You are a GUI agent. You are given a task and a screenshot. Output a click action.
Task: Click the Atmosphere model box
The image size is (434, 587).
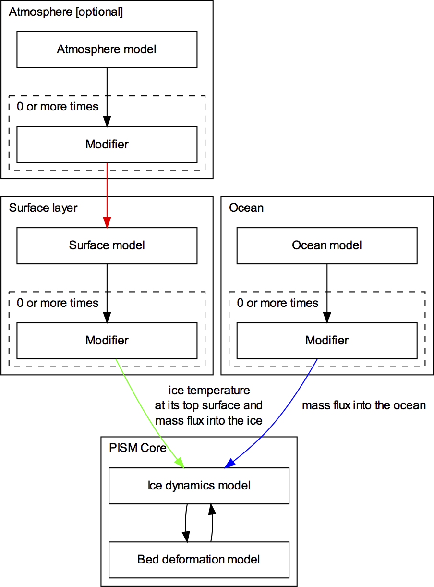point(107,49)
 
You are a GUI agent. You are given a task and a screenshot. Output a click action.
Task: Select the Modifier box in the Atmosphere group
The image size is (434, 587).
point(107,145)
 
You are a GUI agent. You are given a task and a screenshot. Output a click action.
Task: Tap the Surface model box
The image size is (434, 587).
point(107,245)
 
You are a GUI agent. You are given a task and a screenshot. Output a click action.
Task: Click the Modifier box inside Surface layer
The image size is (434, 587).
point(107,341)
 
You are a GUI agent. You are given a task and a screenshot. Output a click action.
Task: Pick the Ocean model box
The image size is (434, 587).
point(326,245)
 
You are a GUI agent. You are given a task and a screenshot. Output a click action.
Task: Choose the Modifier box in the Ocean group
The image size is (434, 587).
point(326,341)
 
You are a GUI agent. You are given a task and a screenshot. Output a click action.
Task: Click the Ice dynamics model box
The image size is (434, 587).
point(199,486)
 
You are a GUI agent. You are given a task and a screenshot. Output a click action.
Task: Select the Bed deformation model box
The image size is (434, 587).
point(199,560)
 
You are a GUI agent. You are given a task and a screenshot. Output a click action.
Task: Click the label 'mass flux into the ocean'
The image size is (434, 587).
point(363,405)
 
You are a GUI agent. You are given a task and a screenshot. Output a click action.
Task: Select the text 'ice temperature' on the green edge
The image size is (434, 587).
point(209,390)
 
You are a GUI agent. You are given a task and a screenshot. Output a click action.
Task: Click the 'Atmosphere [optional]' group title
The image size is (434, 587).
point(66,12)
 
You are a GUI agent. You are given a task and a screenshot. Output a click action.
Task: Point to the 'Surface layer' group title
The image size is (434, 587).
point(43,208)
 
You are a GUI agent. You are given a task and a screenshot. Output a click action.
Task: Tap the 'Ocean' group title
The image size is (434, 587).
point(246,208)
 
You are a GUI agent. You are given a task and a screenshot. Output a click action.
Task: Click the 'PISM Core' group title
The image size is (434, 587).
point(137,448)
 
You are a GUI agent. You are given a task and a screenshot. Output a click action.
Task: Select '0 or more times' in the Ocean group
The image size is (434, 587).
point(277,303)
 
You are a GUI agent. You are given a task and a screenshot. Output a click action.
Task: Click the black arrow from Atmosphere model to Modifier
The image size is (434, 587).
point(107,96)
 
